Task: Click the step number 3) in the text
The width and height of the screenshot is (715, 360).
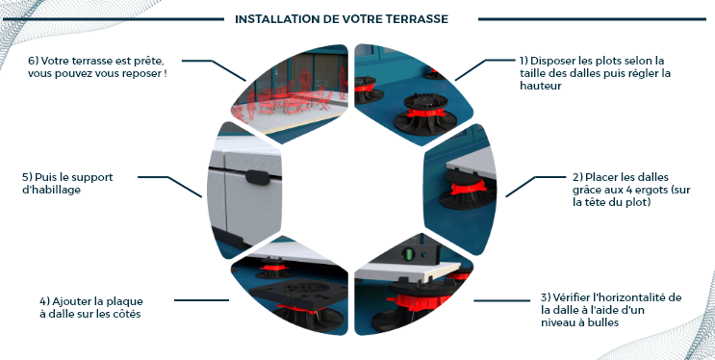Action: pyautogui.click(x=546, y=298)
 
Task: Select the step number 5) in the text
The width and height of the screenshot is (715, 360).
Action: pyautogui.click(x=27, y=177)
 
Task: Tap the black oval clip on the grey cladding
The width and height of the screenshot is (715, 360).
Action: pyautogui.click(x=258, y=177)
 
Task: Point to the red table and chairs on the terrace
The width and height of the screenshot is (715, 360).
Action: pyautogui.click(x=295, y=99)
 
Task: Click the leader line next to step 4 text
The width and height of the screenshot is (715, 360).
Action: pyautogui.click(x=201, y=300)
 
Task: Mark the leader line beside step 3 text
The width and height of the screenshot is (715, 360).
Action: pyautogui.click(x=501, y=300)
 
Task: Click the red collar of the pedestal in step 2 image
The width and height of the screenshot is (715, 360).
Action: pyautogui.click(x=468, y=187)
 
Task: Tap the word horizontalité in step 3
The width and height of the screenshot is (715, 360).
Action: pyautogui.click(x=624, y=298)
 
